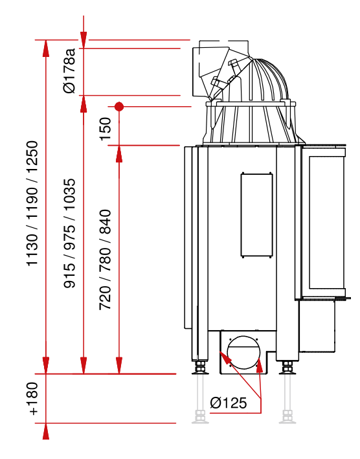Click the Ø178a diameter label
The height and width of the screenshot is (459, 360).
[70, 71]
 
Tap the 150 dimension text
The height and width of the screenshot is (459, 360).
[106, 129]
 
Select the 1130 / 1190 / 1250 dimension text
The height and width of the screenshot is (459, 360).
[32, 203]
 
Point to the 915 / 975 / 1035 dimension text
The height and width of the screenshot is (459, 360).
[70, 233]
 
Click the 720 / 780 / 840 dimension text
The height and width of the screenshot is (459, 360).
[105, 260]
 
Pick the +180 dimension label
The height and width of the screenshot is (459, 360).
[33, 398]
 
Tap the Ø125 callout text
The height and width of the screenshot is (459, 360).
[229, 403]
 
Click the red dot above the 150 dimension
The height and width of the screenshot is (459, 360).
[119, 107]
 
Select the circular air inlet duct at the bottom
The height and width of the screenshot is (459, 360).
[243, 352]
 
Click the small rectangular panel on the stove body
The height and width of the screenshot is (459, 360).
[256, 215]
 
